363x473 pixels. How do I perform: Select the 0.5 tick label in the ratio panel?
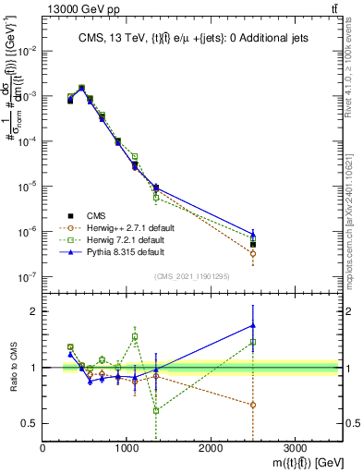pyautogui.click(x=30, y=423)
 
